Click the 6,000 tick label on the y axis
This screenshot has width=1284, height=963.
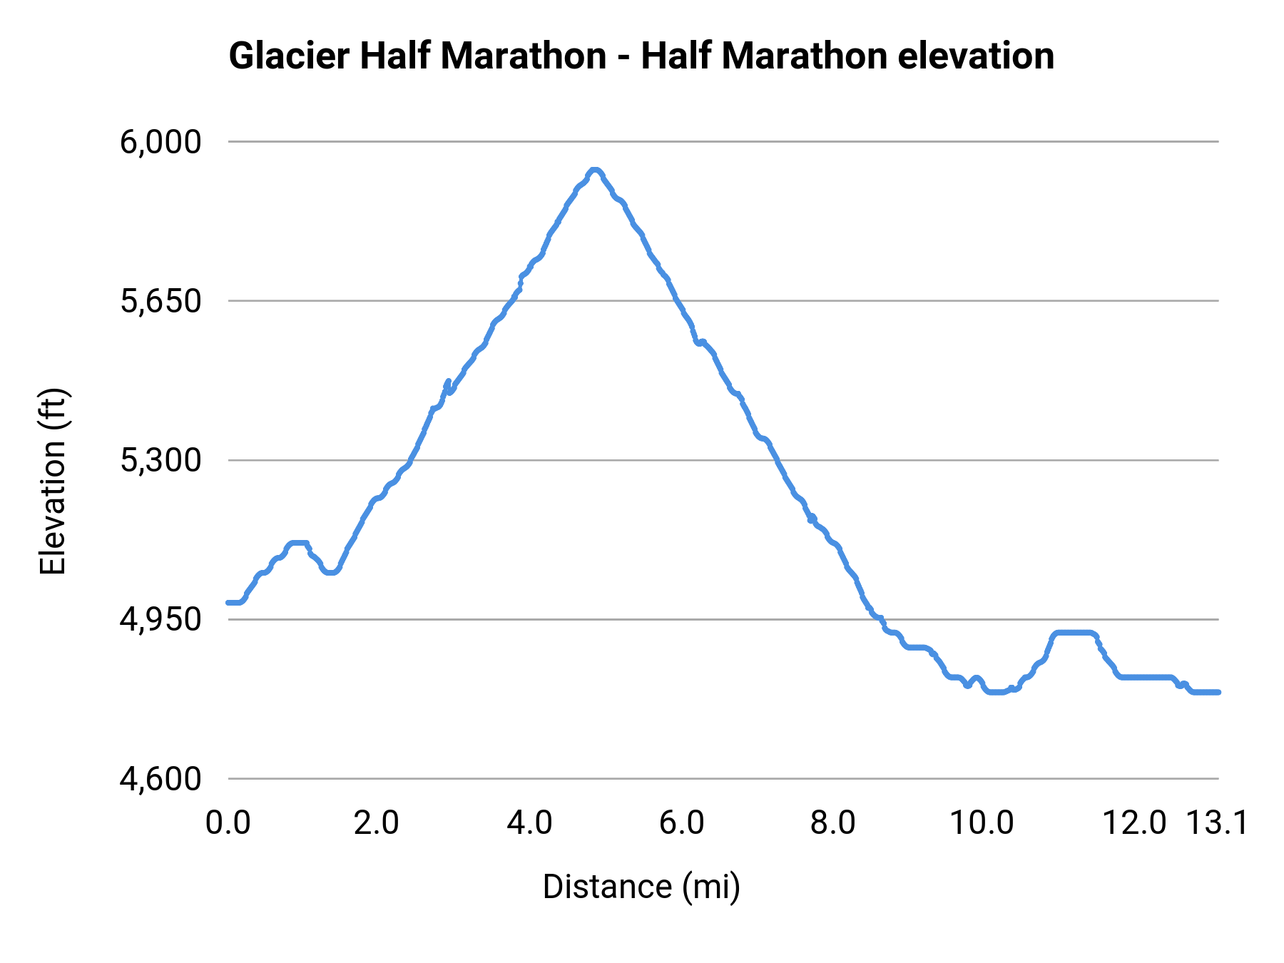tap(160, 142)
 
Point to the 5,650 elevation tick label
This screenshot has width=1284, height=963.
tap(160, 301)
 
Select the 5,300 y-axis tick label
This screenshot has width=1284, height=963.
tap(160, 460)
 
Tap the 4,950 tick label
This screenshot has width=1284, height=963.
tap(160, 619)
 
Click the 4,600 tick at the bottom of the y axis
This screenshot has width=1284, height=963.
tap(160, 778)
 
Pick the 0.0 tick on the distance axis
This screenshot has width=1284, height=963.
tap(228, 823)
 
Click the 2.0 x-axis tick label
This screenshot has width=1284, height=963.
tap(377, 823)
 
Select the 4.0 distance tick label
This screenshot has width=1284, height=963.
tap(529, 823)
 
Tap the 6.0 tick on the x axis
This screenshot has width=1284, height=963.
tap(681, 823)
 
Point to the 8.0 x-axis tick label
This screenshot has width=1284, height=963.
tap(833, 823)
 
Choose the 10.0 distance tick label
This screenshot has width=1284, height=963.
tap(982, 823)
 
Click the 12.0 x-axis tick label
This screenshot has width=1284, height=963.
tap(1134, 823)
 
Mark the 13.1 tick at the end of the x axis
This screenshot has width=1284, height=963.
tap(1217, 823)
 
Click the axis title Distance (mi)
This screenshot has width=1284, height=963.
tap(641, 887)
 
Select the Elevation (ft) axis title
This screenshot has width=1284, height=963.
tap(53, 481)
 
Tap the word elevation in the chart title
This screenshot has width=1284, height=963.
tap(976, 56)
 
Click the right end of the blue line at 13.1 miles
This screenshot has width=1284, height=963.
tap(1218, 692)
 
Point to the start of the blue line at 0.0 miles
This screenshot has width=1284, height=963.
tap(228, 603)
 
